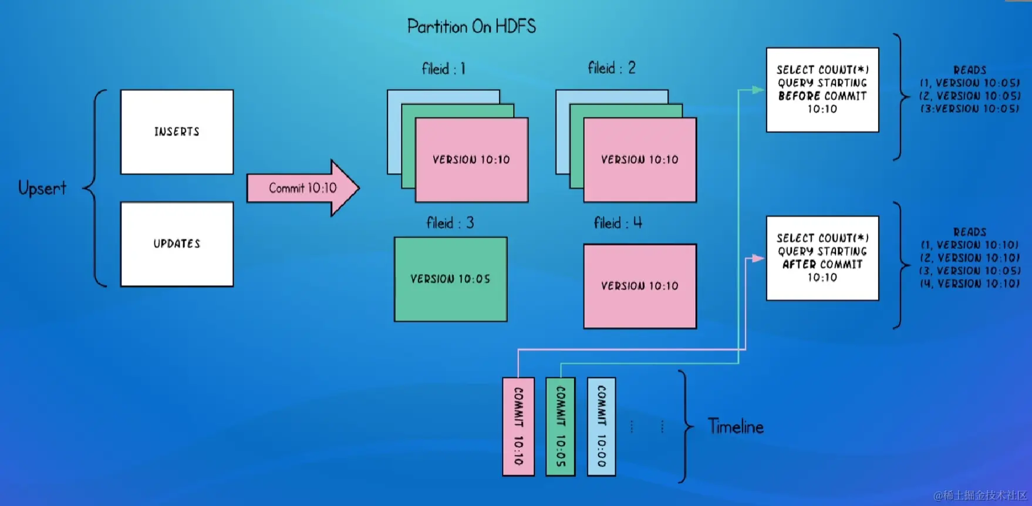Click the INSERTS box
click(177, 132)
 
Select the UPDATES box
click(177, 244)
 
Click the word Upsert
click(42, 188)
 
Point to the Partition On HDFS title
click(471, 26)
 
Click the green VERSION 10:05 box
click(450, 279)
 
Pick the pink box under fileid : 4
click(640, 286)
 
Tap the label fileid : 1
click(443, 69)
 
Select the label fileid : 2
click(611, 68)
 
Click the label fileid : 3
click(450, 223)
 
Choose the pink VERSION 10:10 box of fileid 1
click(471, 160)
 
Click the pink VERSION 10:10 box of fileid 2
click(640, 160)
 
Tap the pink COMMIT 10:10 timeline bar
click(518, 426)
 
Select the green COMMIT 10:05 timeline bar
click(561, 426)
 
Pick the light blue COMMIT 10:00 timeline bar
click(601, 426)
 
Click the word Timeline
click(736, 427)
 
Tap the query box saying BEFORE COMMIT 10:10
click(822, 90)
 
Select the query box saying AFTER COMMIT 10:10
click(822, 258)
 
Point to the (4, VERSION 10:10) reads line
click(970, 284)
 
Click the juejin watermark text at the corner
click(980, 495)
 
